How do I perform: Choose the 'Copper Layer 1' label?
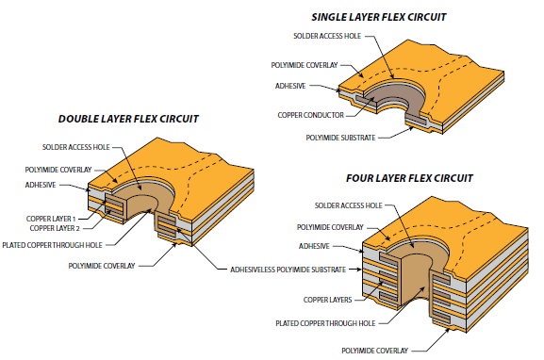(x=55, y=219)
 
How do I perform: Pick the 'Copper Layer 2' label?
(x=55, y=228)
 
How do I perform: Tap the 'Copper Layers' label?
(x=325, y=299)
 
